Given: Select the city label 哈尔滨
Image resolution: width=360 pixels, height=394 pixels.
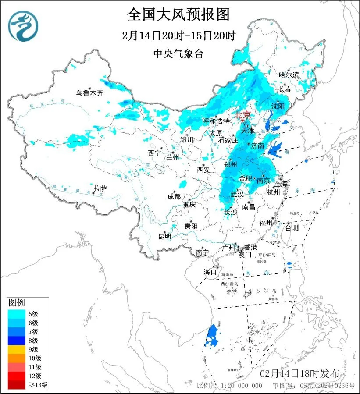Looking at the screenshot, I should point(289,75).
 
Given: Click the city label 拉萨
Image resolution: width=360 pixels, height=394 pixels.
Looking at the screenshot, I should point(100,188).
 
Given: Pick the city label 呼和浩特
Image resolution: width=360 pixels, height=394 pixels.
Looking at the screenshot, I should point(216,121).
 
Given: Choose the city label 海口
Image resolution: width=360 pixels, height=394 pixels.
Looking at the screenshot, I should point(210,272).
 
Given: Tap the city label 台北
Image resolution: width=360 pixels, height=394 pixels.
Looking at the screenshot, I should point(292,228).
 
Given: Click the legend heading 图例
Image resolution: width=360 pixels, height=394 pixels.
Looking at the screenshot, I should point(17,302).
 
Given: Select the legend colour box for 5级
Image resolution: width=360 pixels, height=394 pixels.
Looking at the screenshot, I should point(17,313).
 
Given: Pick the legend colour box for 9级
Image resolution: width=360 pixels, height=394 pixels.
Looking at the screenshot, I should point(17,349).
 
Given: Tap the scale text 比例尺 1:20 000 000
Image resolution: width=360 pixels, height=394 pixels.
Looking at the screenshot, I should point(229,386).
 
